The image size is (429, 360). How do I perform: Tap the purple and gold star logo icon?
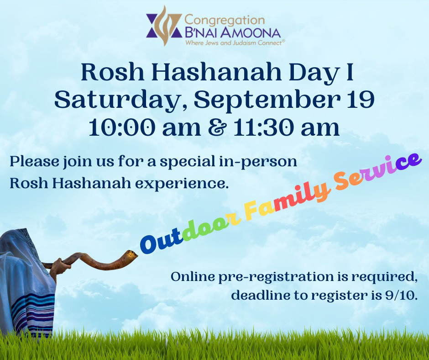coord(164,26)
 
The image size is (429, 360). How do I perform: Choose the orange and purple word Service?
coord(377,171)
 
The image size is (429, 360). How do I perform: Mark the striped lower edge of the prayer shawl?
coord(33,315)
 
